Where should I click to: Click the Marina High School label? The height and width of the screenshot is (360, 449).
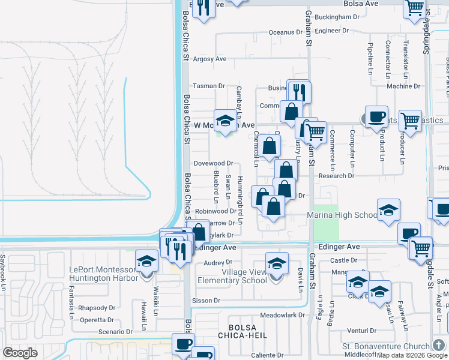342,215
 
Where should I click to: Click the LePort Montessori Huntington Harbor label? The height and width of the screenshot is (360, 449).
103,274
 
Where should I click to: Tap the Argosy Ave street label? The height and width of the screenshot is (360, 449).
209,59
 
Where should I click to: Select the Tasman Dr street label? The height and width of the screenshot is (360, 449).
208,86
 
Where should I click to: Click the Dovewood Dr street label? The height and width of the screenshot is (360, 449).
212,163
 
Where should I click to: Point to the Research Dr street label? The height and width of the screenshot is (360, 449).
337,176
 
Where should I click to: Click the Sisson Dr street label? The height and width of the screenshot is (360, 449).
206,301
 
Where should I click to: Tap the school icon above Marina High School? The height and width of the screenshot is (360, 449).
388,209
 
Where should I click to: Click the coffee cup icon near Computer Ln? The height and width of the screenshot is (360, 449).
376,116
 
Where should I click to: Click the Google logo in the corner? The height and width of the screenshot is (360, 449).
20,353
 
